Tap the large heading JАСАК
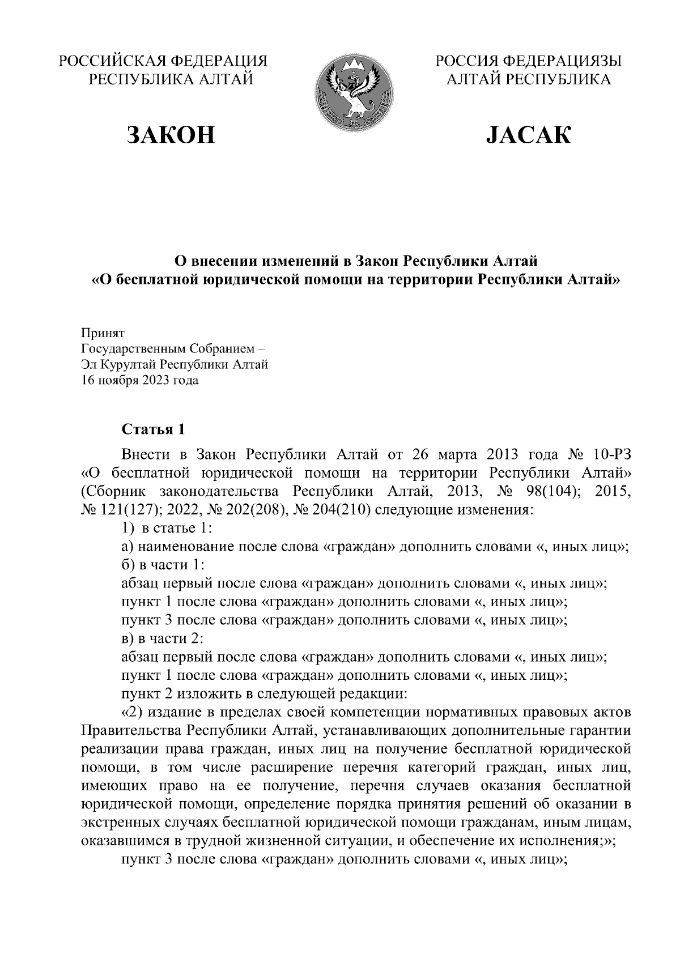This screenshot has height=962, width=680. click(528, 135)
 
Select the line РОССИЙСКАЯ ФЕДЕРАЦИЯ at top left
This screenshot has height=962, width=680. click(163, 61)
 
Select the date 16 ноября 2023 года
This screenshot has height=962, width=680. click(140, 380)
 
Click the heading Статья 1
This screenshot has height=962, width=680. click(153, 429)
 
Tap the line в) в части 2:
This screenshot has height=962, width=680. click(163, 639)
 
